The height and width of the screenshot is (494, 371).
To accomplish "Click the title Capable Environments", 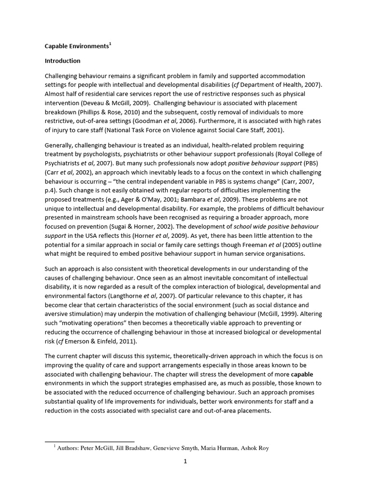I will pyautogui.click(x=76, y=46).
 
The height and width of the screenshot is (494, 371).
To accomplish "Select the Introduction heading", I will pyautogui.click(x=62, y=61).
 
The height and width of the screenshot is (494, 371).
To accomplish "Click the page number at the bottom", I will pyautogui.click(x=185, y=461).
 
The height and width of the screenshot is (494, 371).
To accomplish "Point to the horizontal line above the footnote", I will pyautogui.click(x=89, y=441).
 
